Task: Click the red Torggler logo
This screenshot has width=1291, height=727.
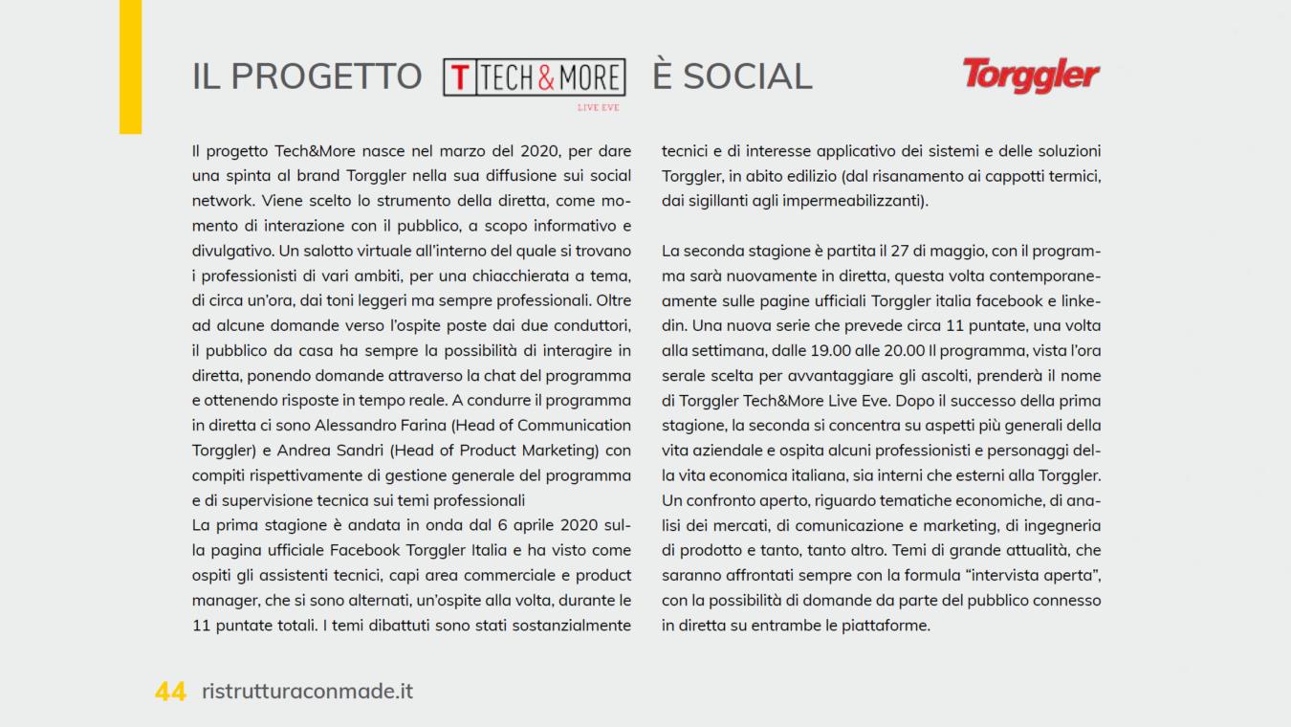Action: tap(1031, 75)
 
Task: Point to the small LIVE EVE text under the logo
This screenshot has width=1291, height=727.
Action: tap(598, 107)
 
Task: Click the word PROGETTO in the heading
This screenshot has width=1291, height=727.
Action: tap(326, 77)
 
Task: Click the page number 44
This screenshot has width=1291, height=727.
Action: tap(170, 692)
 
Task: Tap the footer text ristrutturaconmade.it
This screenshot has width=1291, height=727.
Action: tap(308, 691)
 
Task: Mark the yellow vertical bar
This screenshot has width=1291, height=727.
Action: tap(130, 66)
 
